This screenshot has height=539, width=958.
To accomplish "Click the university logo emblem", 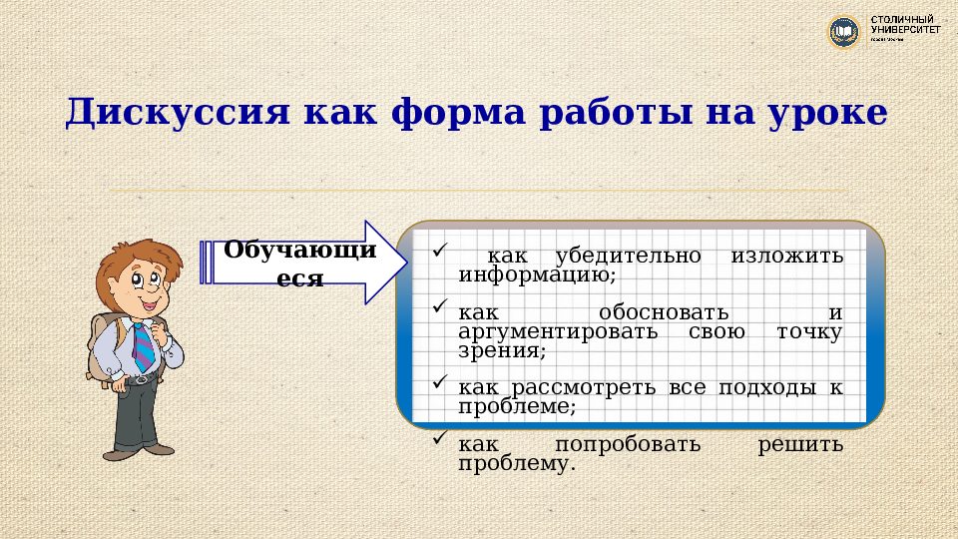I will tap(844, 31).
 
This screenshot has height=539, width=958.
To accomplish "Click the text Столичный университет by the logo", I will tap(904, 26).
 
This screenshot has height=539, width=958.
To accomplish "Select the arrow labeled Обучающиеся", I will tap(299, 264).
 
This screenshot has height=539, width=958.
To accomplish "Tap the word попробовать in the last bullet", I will tap(628, 445).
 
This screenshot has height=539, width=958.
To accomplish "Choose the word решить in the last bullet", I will tap(800, 445).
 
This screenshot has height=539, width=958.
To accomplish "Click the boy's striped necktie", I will tap(143, 345).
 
